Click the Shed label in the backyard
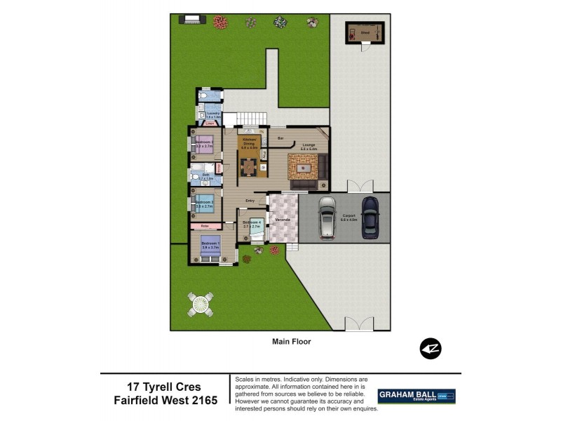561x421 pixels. point(365,32)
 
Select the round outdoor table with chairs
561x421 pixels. point(199,303)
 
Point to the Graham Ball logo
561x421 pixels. point(417,396)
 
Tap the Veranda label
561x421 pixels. point(283,220)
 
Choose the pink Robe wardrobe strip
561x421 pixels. point(205,226)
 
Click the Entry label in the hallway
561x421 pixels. point(249,201)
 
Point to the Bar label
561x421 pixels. point(280,138)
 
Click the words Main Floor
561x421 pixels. point(291,342)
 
